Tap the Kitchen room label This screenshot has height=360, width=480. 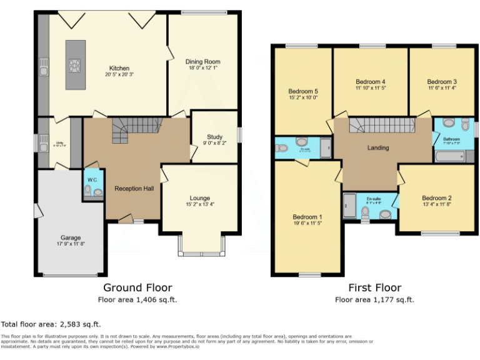point(119,68)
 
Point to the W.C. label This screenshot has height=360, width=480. point(92,180)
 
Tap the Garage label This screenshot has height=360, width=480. point(71,237)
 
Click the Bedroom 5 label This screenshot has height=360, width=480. point(303,90)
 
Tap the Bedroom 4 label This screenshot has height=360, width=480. point(370,82)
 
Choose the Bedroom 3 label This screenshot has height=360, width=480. point(442,82)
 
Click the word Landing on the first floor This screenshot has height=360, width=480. point(378,148)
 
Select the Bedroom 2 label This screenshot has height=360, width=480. point(436,199)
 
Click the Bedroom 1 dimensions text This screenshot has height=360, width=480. point(306,223)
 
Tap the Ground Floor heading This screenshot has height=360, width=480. point(137,287)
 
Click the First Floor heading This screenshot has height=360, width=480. point(374,287)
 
